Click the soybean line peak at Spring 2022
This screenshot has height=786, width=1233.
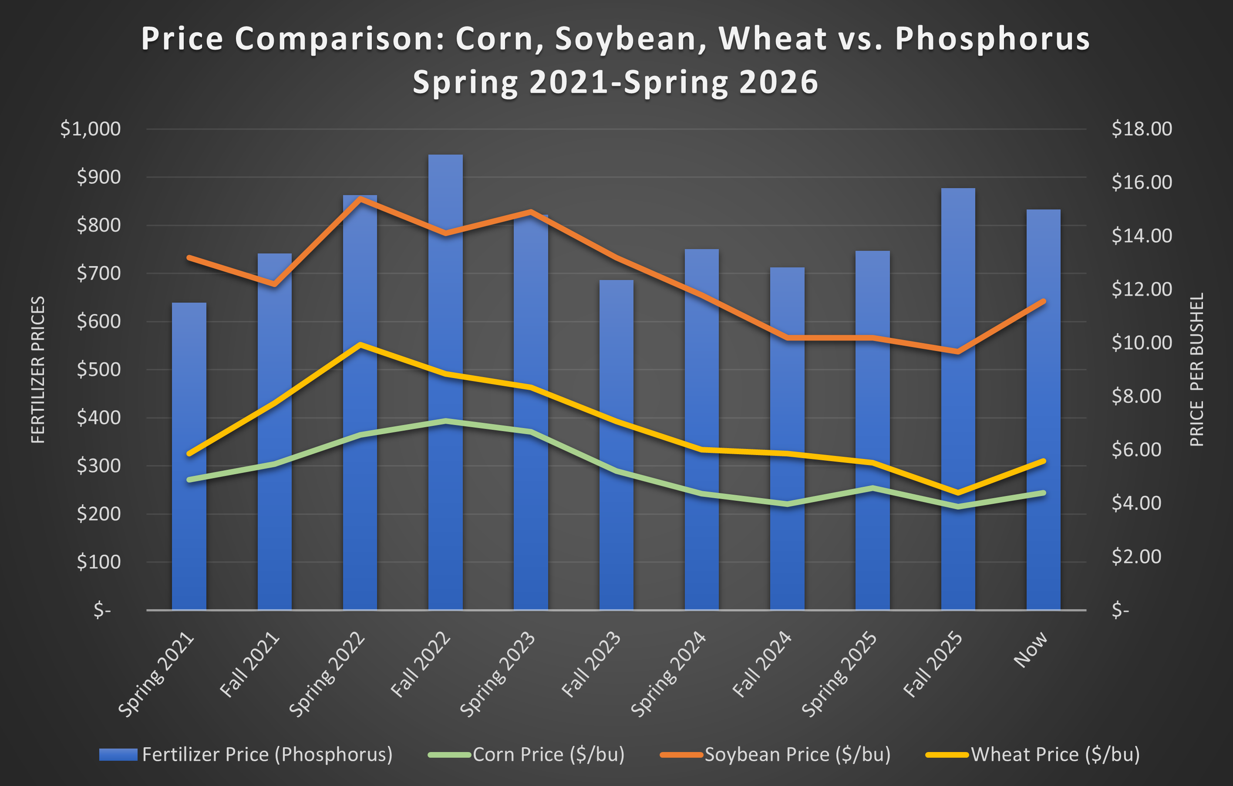click(360, 199)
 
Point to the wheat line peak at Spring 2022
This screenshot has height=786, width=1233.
click(360, 344)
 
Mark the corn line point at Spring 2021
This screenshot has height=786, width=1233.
click(189, 480)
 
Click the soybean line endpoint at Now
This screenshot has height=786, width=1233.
click(1044, 301)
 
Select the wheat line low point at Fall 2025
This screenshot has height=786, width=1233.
click(958, 493)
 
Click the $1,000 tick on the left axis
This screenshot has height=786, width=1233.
click(91, 129)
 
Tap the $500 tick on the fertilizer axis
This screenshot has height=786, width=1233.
click(98, 370)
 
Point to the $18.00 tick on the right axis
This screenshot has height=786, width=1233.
click(1141, 129)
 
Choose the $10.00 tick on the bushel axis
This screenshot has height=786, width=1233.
click(1141, 343)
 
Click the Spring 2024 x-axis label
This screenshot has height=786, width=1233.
click(669, 675)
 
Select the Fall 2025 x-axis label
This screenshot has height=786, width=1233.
click(933, 665)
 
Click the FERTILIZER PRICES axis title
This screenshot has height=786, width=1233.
click(38, 370)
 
